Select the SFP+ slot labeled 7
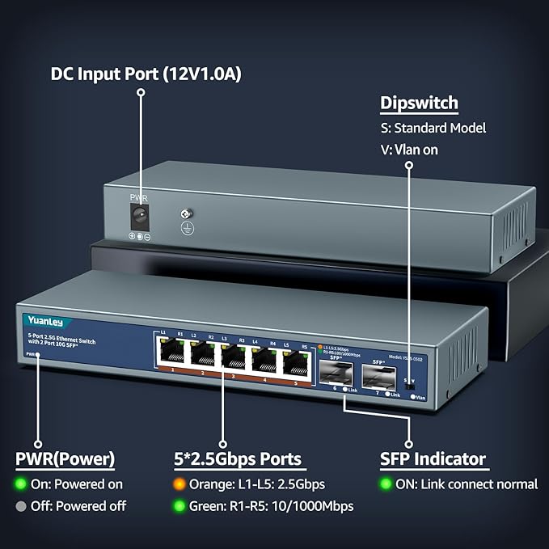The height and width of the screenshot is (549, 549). (378, 374)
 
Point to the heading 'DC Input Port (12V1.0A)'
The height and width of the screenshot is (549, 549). (146, 74)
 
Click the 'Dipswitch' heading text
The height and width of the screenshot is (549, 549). (419, 103)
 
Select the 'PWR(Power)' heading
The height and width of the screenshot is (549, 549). (65, 459)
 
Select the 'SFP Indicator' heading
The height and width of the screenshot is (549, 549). (433, 459)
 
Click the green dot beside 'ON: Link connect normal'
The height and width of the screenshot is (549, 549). (387, 484)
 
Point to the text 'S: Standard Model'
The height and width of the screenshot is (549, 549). (433, 128)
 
